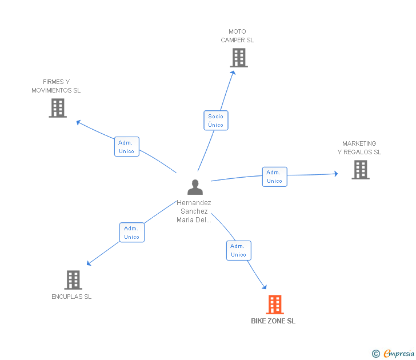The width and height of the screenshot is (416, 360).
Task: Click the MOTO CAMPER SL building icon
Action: click(239, 57)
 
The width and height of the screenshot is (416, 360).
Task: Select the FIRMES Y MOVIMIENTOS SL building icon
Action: click(58, 107)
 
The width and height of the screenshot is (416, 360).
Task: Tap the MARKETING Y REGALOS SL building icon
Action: click(360, 169)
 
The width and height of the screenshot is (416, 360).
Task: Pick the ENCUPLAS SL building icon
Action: click(73, 279)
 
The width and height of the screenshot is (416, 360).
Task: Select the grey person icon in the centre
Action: click(195, 187)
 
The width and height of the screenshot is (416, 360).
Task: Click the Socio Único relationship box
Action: click(216, 121)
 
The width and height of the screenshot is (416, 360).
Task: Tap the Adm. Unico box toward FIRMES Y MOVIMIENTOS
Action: click(126, 147)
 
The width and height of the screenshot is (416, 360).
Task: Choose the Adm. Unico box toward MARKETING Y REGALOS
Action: click(274, 177)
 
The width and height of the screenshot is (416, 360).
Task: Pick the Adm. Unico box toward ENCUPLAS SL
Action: click(131, 232)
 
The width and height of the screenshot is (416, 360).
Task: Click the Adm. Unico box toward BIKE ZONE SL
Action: click(238, 250)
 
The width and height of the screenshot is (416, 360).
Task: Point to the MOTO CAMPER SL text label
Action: click(237, 36)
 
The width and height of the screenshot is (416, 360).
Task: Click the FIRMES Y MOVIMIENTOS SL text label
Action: click(56, 86)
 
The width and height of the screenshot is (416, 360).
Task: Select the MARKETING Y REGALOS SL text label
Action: click(359, 148)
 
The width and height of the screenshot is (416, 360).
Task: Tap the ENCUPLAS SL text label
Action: click(71, 297)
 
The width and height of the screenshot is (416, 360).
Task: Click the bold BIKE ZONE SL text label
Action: click(273, 321)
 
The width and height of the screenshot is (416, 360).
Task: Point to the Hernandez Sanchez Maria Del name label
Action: click(194, 211)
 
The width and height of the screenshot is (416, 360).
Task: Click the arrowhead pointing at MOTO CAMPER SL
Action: click(233, 73)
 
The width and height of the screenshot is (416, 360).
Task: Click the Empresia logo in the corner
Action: click(394, 354)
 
